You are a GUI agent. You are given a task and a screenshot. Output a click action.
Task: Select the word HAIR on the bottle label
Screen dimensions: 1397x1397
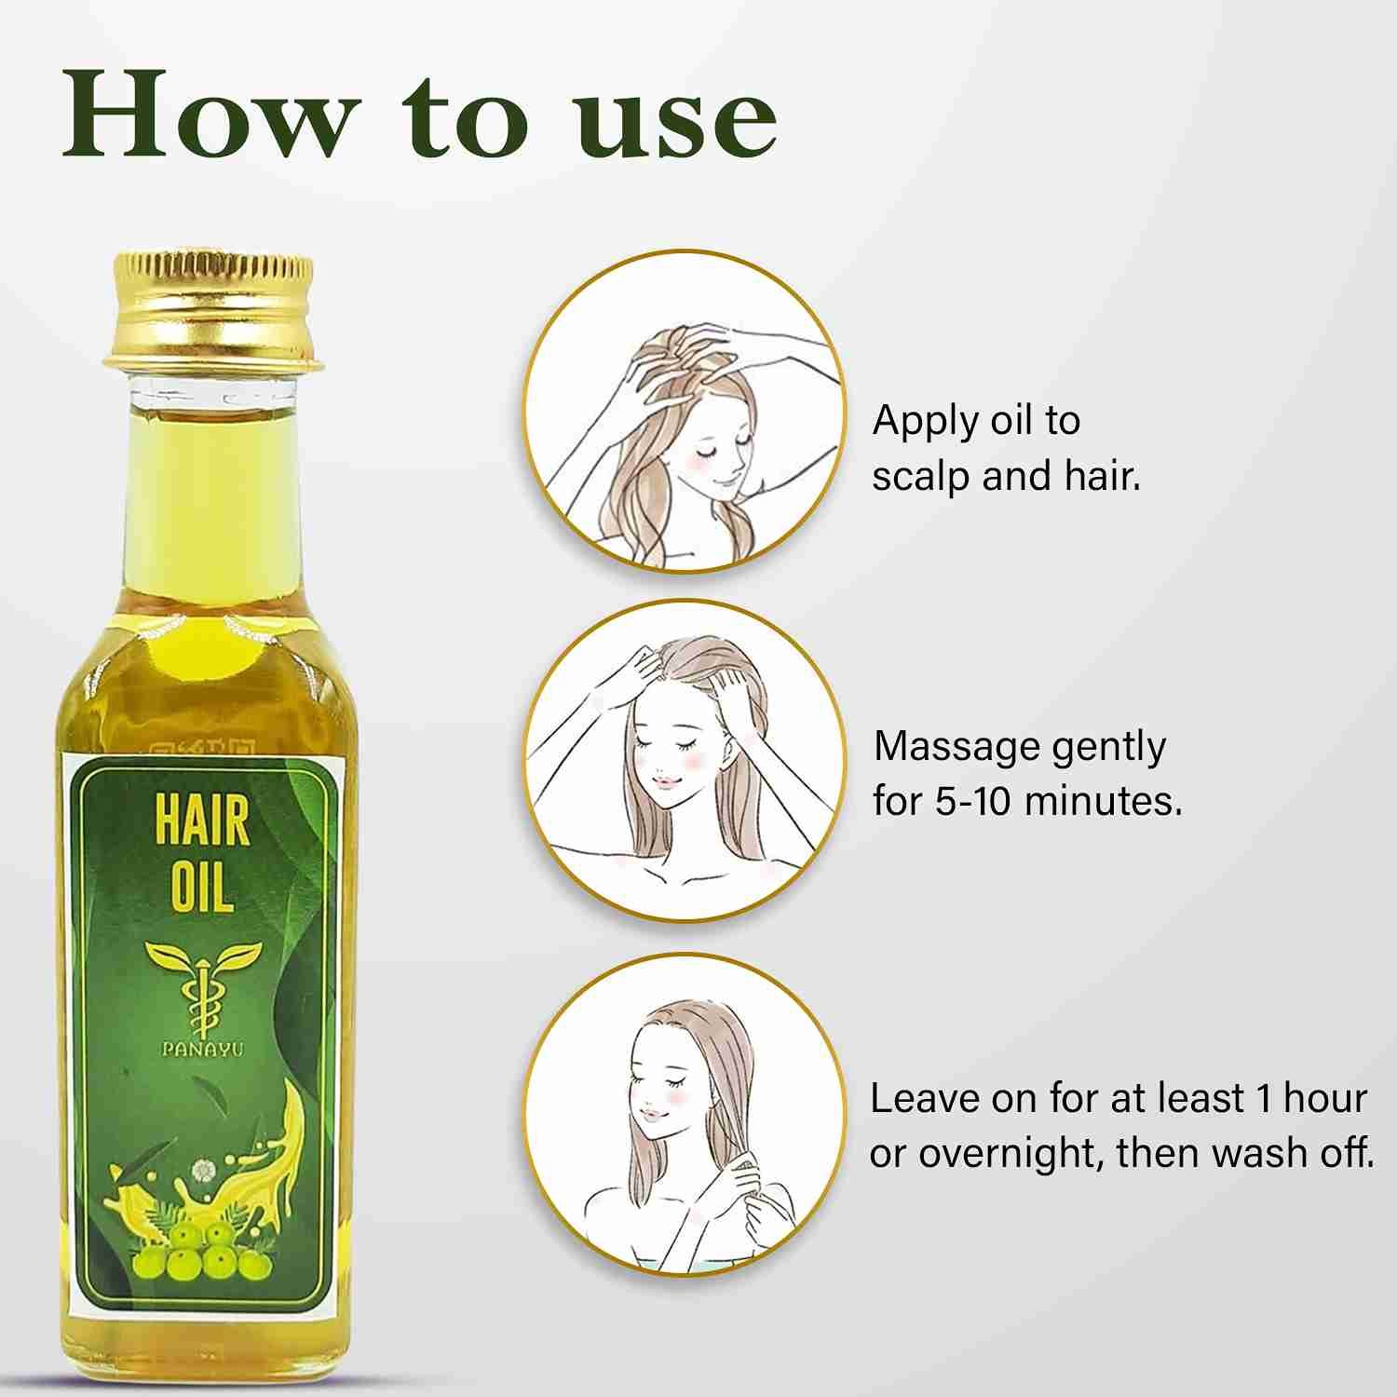coord(202,821)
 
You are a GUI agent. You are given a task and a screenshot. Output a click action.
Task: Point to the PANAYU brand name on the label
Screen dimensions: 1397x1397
coord(202,1049)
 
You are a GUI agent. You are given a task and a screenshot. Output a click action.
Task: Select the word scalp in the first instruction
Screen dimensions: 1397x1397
coord(922,477)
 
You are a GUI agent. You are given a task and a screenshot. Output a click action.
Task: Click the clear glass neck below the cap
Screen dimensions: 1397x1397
coord(213,395)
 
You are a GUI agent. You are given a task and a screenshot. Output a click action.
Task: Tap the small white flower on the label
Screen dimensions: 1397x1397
coord(202,1171)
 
